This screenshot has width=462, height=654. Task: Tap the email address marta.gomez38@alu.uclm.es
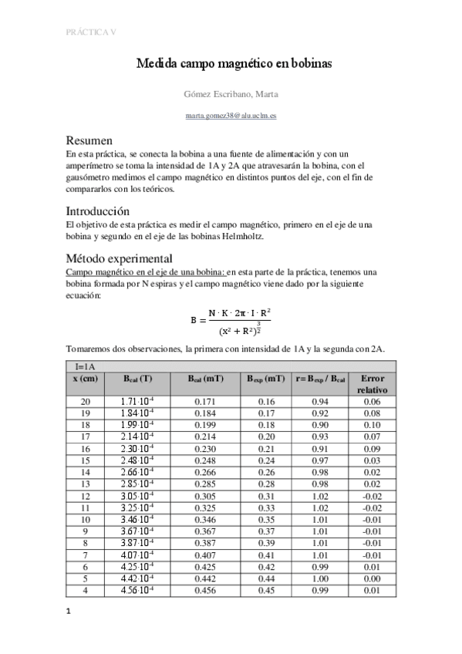232,114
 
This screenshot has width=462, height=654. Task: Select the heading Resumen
90,140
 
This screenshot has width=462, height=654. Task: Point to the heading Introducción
98,211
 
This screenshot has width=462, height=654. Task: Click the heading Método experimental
120,258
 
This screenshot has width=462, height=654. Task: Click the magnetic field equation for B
231,321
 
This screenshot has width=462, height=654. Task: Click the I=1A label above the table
86,366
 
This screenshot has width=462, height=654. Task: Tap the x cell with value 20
86,402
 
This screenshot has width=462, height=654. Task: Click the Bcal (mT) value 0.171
201,402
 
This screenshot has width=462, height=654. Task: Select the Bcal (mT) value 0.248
201,460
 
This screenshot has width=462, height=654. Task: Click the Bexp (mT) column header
266,379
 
